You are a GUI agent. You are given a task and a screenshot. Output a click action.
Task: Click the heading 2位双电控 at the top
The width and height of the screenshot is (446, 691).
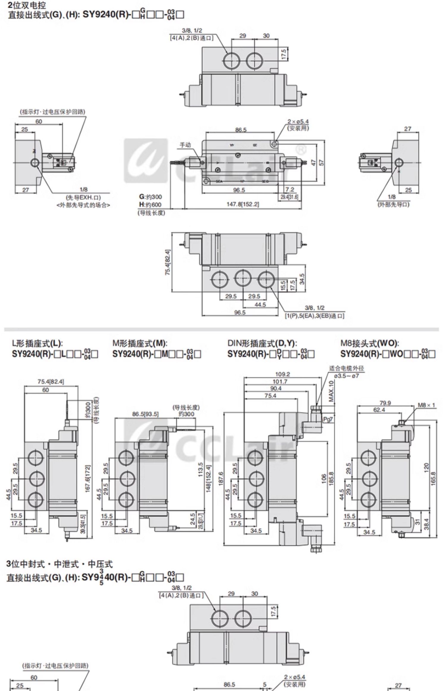pyautogui.click(x=27, y=5)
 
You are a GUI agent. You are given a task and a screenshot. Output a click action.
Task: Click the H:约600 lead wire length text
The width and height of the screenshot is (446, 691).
pyautogui.click(x=150, y=204)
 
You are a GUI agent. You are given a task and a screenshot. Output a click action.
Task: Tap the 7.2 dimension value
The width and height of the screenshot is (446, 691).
pyautogui.click(x=289, y=190)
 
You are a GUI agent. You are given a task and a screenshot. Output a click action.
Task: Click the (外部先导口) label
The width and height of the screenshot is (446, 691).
pyautogui.click(x=393, y=204)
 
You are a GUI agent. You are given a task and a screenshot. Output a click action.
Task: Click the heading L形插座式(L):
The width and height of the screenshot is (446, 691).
pyautogui.click(x=37, y=343)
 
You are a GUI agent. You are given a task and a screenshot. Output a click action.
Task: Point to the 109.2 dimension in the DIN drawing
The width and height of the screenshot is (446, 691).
pyautogui.click(x=282, y=374)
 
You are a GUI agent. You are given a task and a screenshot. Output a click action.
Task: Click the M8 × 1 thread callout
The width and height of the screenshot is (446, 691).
pyautogui.click(x=426, y=405)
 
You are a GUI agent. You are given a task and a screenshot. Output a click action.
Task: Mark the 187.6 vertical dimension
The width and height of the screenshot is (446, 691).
pyautogui.click(x=221, y=479)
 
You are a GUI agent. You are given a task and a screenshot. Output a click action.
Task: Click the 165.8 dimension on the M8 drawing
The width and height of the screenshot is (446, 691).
pyautogui.click(x=433, y=479)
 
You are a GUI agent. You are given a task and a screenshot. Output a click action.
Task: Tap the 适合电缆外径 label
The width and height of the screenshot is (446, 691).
pyautogui.click(x=346, y=368)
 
